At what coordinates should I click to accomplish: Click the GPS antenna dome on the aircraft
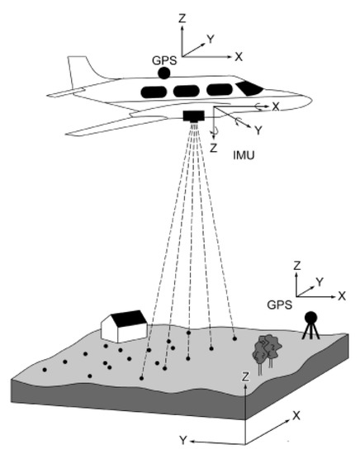tap(164, 73)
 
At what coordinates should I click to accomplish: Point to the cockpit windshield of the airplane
tap(248, 87)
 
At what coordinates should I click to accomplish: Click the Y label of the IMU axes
tap(258, 130)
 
